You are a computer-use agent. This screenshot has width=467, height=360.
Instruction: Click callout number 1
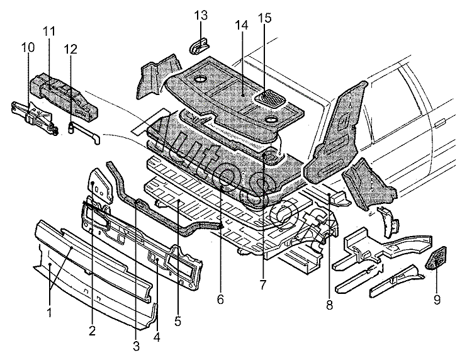click(50, 311)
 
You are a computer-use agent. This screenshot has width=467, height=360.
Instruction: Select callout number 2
click(93, 330)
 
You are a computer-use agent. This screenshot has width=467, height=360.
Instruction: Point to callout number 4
click(157, 336)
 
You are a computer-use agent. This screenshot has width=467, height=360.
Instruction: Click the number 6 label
click(220, 300)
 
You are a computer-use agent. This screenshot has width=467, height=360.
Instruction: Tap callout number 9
click(437, 300)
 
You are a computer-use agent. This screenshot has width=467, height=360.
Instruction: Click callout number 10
click(28, 47)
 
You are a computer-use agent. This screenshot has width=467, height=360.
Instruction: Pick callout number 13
click(200, 15)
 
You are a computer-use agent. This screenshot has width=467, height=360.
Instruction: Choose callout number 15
click(265, 18)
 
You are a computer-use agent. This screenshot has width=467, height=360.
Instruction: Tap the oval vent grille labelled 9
click(434, 259)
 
